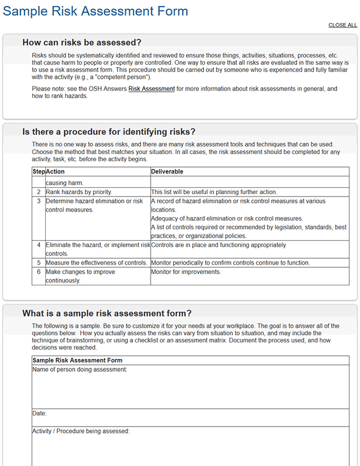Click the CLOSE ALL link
click(342, 25)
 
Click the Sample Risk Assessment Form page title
click(96, 11)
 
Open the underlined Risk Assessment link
click(151, 89)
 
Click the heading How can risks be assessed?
click(82, 42)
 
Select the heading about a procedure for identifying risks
click(109, 132)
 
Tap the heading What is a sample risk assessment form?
click(106, 313)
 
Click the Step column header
click(38, 172)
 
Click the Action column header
click(55, 172)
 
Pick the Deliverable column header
click(167, 172)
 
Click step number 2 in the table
click(39, 192)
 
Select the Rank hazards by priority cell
click(79, 192)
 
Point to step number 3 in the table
click(39, 201)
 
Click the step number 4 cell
click(39, 245)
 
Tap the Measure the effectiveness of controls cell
click(96, 262)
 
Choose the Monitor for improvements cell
click(186, 272)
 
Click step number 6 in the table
click(39, 272)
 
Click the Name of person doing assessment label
click(79, 370)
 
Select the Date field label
click(39, 414)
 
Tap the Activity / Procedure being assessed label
click(81, 431)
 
